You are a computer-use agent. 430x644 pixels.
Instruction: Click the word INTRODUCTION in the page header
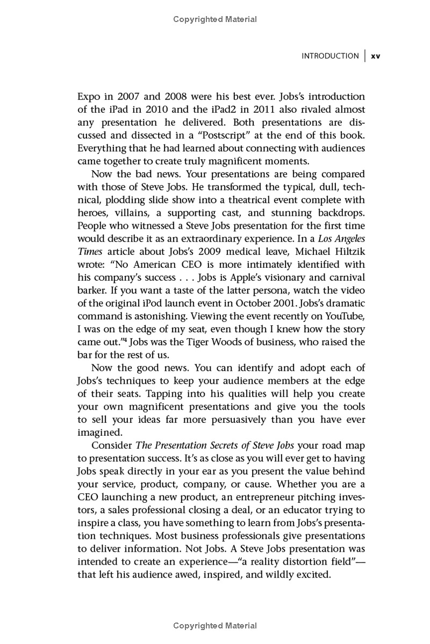(x=330, y=56)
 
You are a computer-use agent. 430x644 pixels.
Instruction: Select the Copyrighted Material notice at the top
(x=215, y=19)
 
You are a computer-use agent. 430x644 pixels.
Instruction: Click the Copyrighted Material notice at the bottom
(x=215, y=626)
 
